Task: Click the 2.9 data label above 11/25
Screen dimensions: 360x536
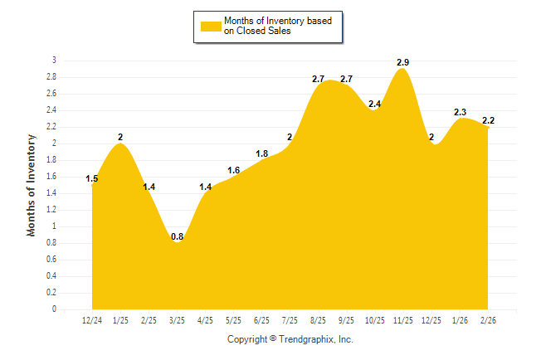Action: coord(402,62)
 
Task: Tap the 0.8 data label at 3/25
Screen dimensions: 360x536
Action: coord(177,236)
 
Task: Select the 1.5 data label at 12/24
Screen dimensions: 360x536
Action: coord(92,178)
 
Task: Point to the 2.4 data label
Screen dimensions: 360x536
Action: coord(374,104)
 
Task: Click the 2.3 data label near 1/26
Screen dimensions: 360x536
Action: coord(460,112)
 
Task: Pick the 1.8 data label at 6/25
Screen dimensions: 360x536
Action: coord(261,153)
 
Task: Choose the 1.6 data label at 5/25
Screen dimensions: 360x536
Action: coord(233,170)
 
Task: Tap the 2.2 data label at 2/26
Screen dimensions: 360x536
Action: coord(489,120)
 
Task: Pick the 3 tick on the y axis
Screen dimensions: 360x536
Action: coord(54,61)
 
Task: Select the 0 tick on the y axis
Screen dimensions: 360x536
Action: coord(54,309)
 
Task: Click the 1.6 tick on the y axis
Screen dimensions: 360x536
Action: coord(51,177)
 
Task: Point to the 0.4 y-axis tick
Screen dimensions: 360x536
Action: coord(51,276)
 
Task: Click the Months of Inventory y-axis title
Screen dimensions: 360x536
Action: coord(32,185)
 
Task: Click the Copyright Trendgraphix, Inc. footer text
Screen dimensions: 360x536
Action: coord(290,339)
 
